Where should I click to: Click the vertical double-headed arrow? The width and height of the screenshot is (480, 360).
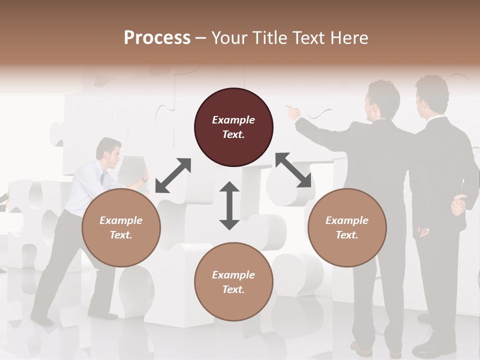tap(229, 205)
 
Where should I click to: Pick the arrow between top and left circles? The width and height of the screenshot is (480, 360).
tap(173, 175)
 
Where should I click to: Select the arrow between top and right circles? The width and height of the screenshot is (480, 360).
tap(293, 170)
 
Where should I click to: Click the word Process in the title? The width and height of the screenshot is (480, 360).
tap(157, 37)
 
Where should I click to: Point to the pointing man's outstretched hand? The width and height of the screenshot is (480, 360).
tap(292, 111)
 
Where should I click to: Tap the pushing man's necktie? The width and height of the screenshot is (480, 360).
tap(102, 178)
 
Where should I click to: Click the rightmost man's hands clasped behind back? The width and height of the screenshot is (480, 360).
tap(458, 204)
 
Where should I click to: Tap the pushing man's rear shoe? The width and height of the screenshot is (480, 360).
tap(42, 320)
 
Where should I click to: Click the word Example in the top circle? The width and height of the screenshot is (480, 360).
tap(233, 120)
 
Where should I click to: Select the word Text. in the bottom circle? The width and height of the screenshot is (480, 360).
tap(233, 289)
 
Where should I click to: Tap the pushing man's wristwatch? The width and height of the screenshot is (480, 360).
tap(143, 178)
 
